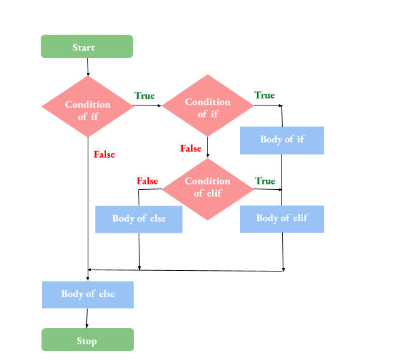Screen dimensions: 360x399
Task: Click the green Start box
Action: click(87, 47)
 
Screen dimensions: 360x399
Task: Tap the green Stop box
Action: click(87, 340)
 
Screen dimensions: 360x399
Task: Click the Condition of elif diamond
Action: click(207, 186)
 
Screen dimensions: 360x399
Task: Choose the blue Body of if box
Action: click(281, 140)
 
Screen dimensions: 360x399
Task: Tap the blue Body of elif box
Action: click(281, 218)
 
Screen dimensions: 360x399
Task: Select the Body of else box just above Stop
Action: click(88, 294)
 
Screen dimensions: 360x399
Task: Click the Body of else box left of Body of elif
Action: click(139, 219)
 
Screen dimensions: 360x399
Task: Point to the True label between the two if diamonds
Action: click(144, 96)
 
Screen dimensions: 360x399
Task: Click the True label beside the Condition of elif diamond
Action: click(265, 181)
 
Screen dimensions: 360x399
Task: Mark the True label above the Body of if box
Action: click(264, 95)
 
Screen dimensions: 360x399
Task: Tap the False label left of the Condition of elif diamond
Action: click(147, 181)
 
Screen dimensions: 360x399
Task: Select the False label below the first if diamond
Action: click(104, 154)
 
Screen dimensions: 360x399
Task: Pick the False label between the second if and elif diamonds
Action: click(190, 148)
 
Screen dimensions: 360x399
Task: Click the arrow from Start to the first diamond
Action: click(88, 67)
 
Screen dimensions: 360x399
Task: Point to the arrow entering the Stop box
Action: click(87, 318)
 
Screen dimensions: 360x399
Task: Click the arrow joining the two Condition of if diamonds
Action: click(148, 106)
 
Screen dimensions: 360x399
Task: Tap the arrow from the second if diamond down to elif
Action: click(207, 147)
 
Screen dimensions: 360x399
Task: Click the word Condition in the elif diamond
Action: click(207, 181)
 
